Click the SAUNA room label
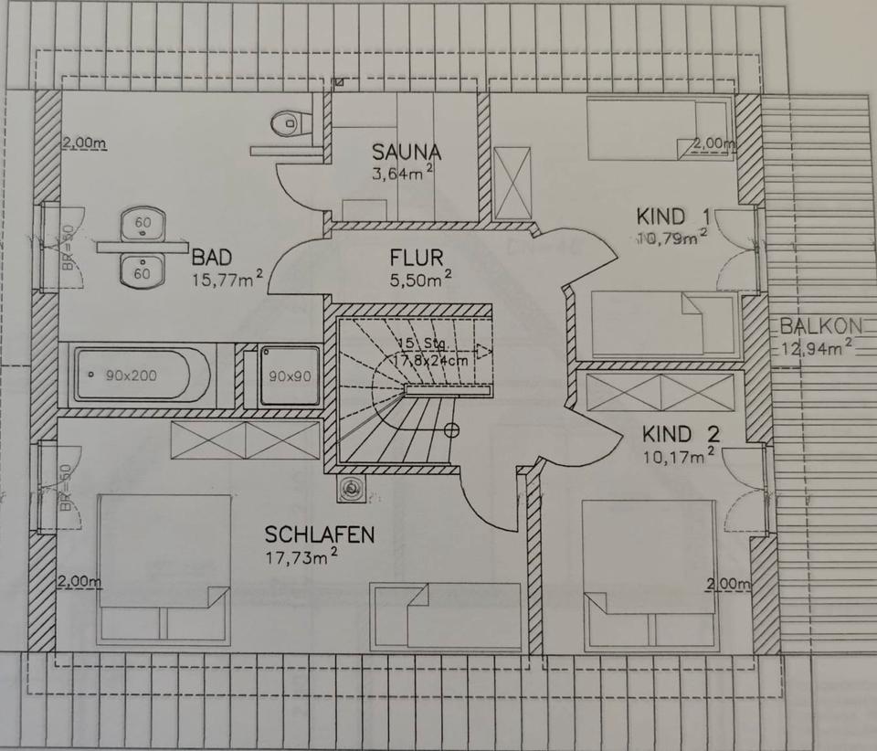407,152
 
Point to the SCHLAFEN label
319,534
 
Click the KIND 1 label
673,217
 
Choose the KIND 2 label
674,434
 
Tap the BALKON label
816,326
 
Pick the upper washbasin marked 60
143,223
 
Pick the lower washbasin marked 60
143,271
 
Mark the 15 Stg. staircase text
421,344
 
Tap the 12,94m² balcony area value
817,348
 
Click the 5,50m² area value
417,280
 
